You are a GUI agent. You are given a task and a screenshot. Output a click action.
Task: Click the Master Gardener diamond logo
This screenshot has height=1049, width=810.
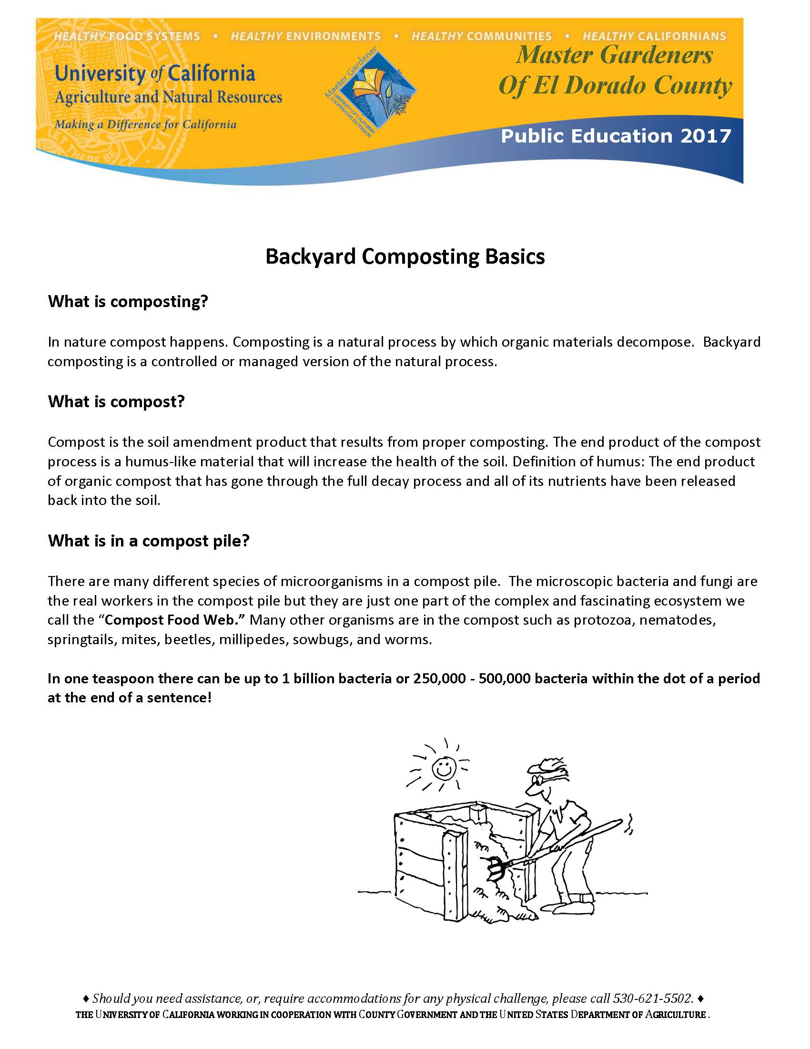tap(371, 91)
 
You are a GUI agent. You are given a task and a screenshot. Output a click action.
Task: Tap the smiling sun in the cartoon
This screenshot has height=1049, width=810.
tap(443, 769)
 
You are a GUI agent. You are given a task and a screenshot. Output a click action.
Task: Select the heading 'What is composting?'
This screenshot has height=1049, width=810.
tap(128, 302)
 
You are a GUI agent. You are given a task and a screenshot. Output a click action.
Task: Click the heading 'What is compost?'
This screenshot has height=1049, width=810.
tap(116, 401)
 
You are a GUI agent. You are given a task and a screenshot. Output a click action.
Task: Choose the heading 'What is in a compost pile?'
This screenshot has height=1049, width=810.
tap(149, 541)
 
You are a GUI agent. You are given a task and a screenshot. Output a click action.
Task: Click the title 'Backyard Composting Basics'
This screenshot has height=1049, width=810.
tap(405, 257)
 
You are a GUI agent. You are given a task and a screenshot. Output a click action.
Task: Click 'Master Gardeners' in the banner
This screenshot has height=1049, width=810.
tap(614, 55)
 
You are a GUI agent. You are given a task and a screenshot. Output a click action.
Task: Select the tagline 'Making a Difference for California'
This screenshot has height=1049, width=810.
tap(145, 125)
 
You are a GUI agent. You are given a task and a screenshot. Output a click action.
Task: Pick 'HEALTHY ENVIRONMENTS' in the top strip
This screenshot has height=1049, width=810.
tap(306, 37)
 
